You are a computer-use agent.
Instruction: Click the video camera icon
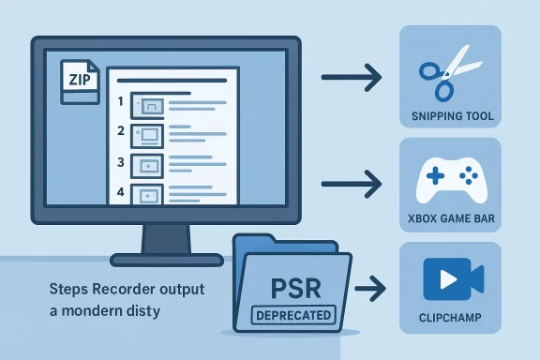coord(453,278)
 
